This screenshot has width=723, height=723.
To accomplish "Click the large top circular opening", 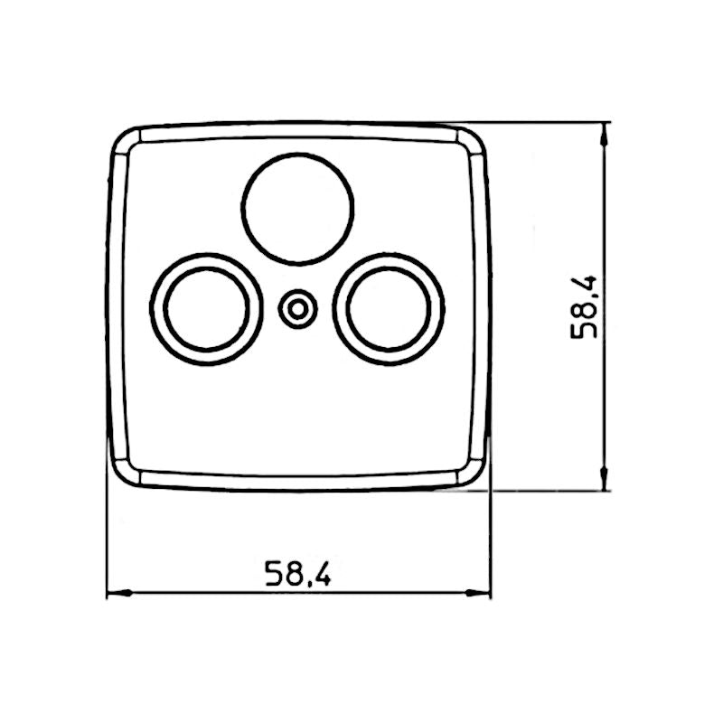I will pyautogui.click(x=298, y=209).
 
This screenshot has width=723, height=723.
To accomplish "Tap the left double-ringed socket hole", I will pyautogui.click(x=206, y=308).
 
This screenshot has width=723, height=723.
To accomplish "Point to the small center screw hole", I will pyautogui.click(x=297, y=310).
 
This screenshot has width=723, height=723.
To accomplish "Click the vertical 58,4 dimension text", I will pyautogui.click(x=585, y=307).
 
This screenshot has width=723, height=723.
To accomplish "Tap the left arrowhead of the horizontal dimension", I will pyautogui.click(x=115, y=594).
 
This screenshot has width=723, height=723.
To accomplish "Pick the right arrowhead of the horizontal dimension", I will pyautogui.click(x=483, y=594).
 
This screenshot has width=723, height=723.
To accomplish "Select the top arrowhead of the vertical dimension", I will pyautogui.click(x=605, y=131).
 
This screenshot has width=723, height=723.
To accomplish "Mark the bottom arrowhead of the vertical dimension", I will pyautogui.click(x=605, y=483).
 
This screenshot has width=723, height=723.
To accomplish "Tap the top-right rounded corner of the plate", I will pyautogui.click(x=472, y=140).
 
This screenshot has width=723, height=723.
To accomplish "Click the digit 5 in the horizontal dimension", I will pyautogui.click(x=273, y=573).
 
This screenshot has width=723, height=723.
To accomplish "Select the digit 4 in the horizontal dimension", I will pyautogui.click(x=322, y=573).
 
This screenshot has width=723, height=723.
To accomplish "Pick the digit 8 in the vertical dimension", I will pyautogui.click(x=585, y=309).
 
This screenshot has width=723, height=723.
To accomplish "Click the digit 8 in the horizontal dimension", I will pyautogui.click(x=294, y=573).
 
